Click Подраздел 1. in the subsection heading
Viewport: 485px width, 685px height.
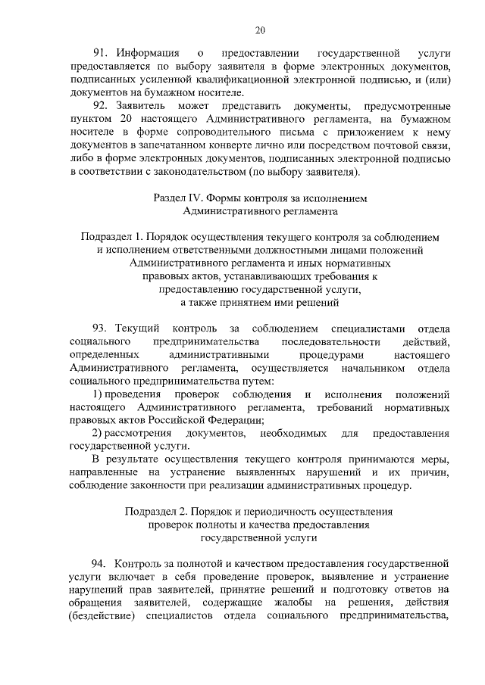pyautogui.click(x=112, y=237)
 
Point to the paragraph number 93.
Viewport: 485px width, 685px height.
pyautogui.click(x=102, y=328)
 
